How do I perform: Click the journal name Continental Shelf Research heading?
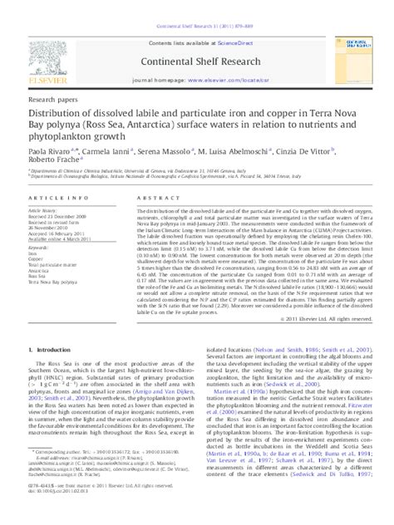coord(196,41)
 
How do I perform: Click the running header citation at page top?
coord(196,5)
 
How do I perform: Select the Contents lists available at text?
coord(185,17)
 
